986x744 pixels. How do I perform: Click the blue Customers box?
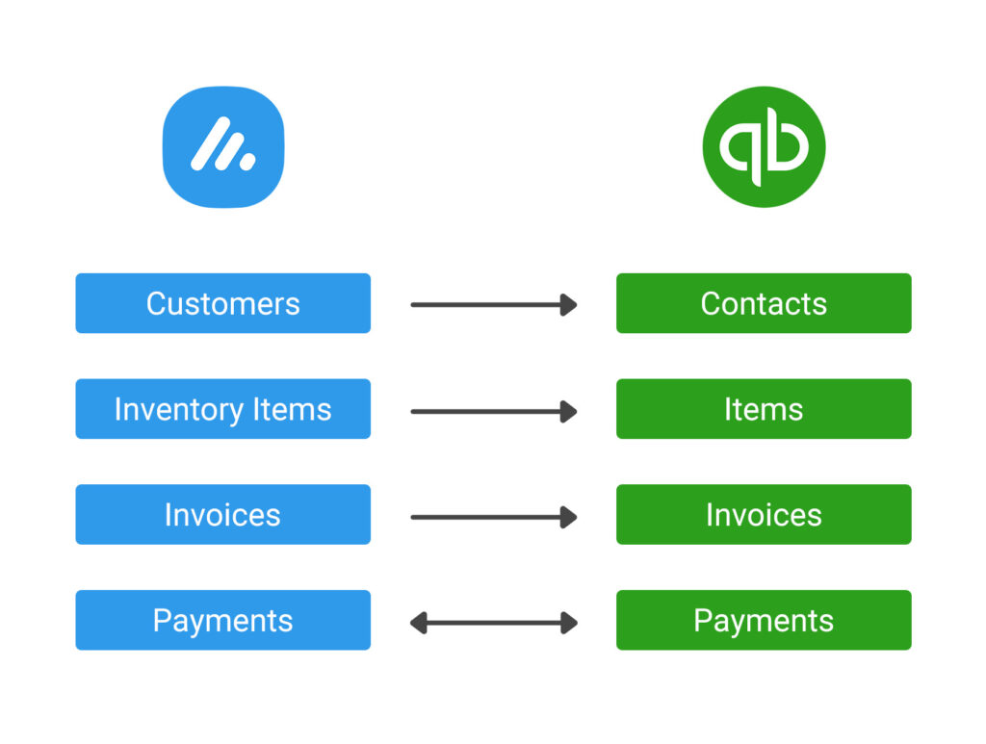223,303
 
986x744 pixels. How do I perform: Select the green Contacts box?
764,303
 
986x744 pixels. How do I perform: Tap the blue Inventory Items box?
223,408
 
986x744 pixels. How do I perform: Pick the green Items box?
764,408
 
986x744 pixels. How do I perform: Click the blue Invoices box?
223,514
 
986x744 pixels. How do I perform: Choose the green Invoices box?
764,514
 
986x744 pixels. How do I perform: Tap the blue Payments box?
223,620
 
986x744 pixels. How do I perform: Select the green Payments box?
764,620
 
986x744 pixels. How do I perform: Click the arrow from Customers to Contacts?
494,305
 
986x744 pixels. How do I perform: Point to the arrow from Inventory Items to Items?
494,412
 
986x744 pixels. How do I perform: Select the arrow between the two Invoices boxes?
494,517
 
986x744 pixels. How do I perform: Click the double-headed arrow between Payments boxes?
494,623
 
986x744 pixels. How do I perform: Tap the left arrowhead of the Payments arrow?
418,623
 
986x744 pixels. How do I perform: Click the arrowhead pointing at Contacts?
569,305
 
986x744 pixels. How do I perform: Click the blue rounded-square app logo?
223,147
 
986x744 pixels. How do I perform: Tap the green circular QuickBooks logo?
764,147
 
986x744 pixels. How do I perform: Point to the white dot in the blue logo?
247,162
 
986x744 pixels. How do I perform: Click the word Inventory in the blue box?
179,410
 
